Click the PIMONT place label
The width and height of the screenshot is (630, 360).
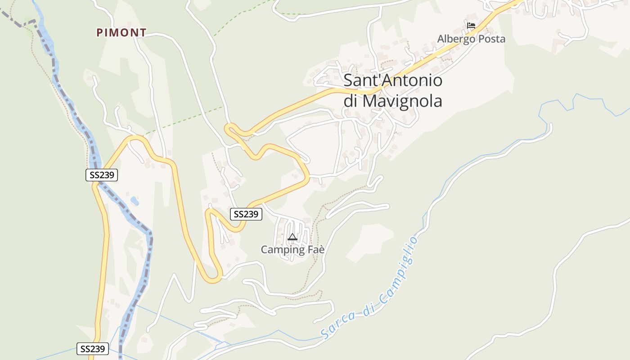121,32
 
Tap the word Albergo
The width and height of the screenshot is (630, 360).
456,39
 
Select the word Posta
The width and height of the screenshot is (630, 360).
492,39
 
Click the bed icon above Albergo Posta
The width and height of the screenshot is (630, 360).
471,26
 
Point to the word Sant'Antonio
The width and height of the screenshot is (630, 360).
393,81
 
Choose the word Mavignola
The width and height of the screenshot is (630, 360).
402,101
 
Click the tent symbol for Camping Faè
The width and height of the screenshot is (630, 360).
292,237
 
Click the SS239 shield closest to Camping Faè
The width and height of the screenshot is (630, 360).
246,214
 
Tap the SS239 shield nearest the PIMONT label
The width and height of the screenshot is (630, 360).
102,175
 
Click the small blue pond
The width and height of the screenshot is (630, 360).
135,200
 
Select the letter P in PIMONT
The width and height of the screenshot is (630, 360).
100,32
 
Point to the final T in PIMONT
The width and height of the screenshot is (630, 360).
143,32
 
